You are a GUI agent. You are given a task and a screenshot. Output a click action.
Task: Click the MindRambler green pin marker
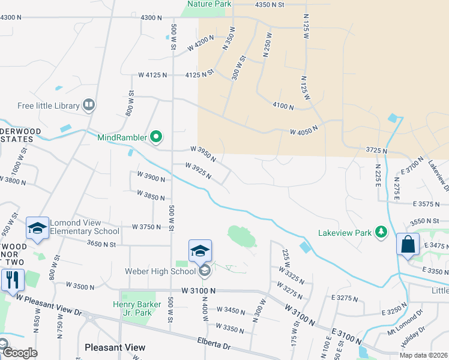click(156, 137)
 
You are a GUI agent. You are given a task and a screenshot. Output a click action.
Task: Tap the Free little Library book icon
click(89, 106)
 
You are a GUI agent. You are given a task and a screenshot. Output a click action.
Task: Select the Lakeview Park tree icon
click(380, 232)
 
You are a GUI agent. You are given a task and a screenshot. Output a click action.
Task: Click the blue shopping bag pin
click(408, 245)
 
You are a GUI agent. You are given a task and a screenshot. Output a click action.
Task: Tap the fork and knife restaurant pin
click(12, 279)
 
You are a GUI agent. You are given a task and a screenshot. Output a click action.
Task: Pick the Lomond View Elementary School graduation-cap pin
click(37, 228)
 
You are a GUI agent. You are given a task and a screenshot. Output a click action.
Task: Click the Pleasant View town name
click(115, 347)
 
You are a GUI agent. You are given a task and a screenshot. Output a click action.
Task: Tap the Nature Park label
click(208, 4)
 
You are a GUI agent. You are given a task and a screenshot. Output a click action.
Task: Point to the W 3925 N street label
click(199, 170)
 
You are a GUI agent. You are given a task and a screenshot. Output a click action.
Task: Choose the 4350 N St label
click(268, 4)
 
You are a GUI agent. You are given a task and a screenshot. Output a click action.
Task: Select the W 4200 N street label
click(200, 42)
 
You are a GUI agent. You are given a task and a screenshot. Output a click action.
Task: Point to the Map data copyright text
click(423, 355)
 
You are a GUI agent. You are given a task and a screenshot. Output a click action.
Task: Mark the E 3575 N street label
click(430, 204)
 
